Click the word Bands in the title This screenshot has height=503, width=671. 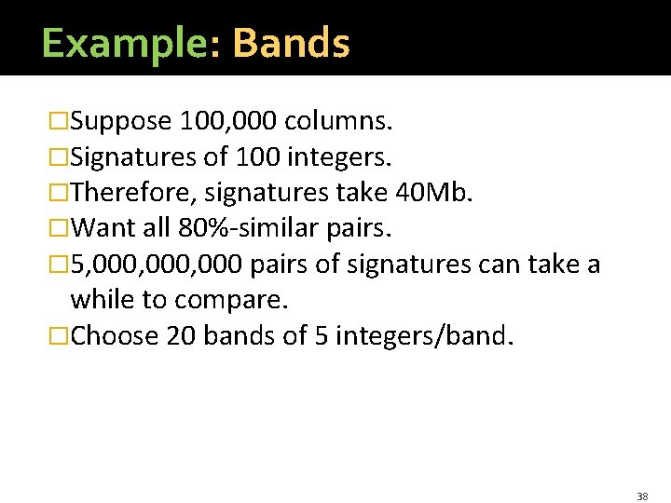(x=291, y=44)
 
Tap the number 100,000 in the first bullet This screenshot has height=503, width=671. (x=228, y=121)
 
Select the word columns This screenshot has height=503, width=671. (x=339, y=121)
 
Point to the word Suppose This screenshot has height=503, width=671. (x=121, y=122)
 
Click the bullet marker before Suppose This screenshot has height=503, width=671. (x=60, y=122)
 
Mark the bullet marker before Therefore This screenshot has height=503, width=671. (x=60, y=194)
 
